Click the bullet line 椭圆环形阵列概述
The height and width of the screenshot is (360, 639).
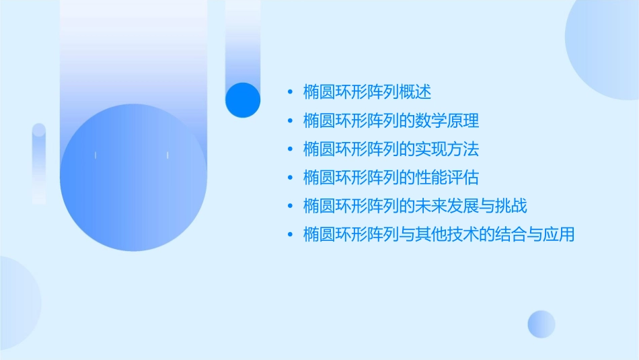point(367,91)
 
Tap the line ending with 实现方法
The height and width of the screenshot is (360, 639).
point(391,148)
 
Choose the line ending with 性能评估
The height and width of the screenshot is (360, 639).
point(391,177)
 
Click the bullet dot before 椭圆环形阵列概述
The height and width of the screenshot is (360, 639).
point(290,92)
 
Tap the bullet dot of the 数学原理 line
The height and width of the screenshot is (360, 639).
point(290,120)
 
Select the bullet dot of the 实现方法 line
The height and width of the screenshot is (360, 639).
point(290,149)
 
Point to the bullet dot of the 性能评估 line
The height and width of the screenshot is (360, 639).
point(290,178)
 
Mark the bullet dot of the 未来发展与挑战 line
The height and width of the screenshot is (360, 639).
point(290,207)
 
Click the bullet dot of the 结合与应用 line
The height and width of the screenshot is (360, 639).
point(290,235)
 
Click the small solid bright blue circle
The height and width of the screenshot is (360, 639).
point(243,100)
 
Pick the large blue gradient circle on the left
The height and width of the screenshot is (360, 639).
point(133,178)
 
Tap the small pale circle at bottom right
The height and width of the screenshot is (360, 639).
point(541,324)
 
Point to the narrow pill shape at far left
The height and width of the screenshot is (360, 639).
point(39,164)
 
